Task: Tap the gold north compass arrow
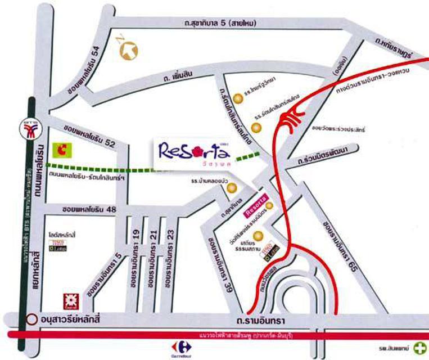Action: coord(128,49)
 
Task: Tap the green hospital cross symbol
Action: coord(418,348)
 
